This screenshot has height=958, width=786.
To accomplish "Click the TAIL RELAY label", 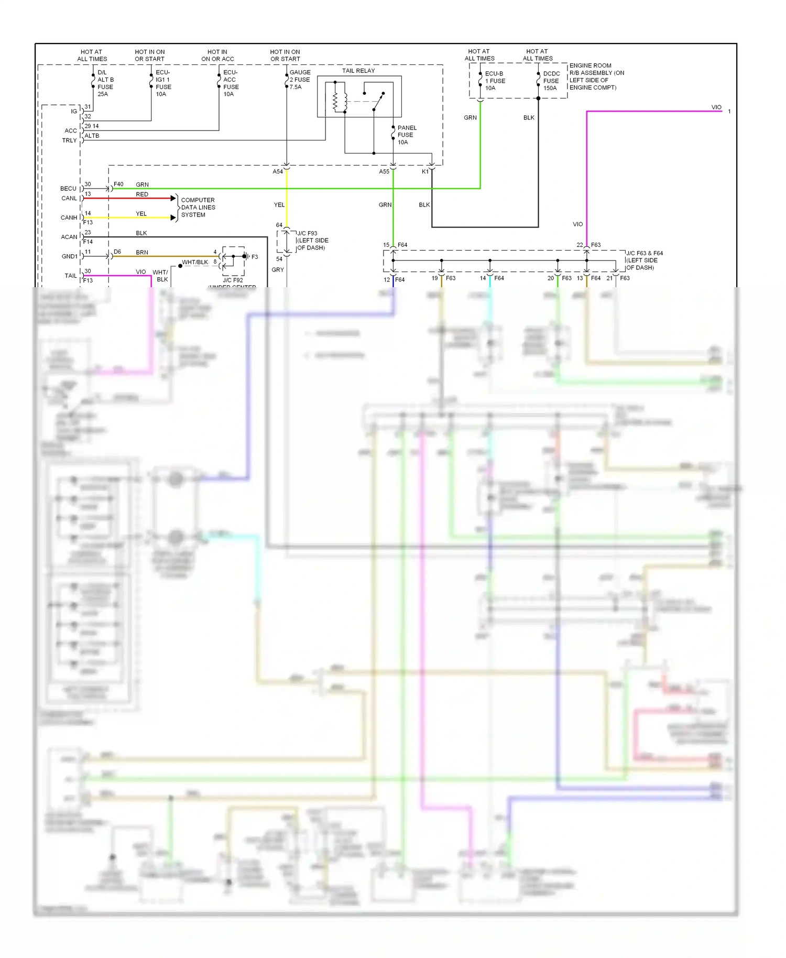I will (x=358, y=71).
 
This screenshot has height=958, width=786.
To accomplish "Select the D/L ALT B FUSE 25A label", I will (x=105, y=83).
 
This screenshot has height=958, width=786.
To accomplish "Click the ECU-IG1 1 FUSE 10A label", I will (x=163, y=83).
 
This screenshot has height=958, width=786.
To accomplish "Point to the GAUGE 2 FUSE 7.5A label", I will (x=300, y=80).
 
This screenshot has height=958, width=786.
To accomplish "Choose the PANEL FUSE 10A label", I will (x=407, y=135).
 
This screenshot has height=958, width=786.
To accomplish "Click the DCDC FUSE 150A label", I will (x=551, y=81).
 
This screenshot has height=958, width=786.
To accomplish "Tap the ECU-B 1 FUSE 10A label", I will (x=495, y=81).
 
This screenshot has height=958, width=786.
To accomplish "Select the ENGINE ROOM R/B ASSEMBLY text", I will (x=596, y=77).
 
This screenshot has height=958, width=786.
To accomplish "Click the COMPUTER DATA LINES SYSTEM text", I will (x=198, y=208).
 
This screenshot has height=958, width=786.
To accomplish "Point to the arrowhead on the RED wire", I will (x=173, y=198).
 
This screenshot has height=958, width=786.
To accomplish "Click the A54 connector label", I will (x=278, y=172).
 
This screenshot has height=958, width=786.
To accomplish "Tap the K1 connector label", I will (x=425, y=172).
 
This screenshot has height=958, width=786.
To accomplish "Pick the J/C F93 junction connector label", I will (x=312, y=241).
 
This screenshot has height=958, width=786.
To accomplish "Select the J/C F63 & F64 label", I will (x=644, y=260).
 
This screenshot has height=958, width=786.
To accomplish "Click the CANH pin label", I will (x=69, y=217).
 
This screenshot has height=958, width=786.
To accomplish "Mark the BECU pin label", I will (x=68, y=189).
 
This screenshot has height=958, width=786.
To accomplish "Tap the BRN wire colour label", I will (x=142, y=253).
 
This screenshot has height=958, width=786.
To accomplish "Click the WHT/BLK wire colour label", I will (x=195, y=262).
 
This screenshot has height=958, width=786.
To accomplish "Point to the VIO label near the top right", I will (x=716, y=107).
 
